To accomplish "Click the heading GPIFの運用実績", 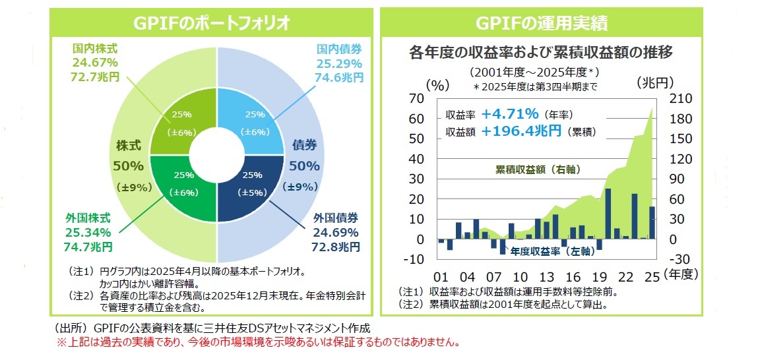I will point(542,24).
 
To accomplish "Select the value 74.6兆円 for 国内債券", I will point(340,78).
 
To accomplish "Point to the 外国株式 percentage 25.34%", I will point(88,232).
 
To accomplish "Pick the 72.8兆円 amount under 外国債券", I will point(336,247).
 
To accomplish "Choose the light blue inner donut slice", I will point(251,122).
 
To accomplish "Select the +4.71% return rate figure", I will point(510,113).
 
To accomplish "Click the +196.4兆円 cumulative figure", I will point(521,131).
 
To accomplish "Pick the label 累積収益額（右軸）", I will point(538,170).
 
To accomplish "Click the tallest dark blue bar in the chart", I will point(608,214).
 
